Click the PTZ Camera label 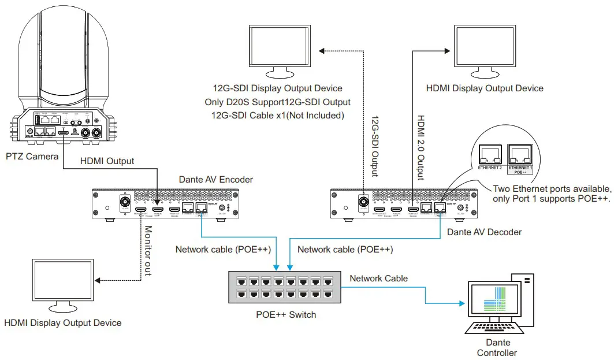(x=32, y=157)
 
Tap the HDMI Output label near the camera (x=106, y=161)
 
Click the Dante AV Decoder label (x=485, y=232)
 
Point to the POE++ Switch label (x=286, y=314)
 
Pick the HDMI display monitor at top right (x=484, y=49)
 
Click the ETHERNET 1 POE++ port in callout (x=520, y=154)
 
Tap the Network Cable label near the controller (x=378, y=279)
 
